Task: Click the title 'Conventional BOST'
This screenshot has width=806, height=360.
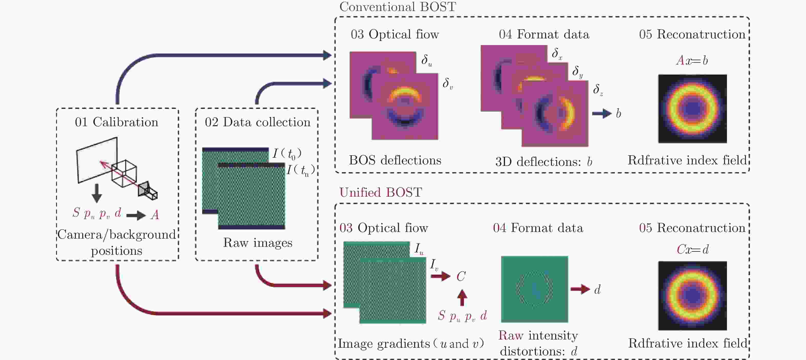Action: [x=397, y=7]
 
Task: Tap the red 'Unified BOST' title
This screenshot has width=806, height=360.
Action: [x=380, y=192]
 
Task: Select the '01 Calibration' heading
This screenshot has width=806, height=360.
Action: [x=116, y=122]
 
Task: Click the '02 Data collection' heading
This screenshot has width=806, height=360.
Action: [x=257, y=122]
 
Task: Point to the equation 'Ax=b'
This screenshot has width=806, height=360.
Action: [x=692, y=60]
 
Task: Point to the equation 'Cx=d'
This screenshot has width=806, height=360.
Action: [x=692, y=249]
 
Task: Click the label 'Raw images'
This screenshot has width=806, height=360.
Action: [x=257, y=243]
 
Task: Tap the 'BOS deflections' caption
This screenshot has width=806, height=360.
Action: [x=395, y=160]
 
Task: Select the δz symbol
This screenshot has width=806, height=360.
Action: [x=598, y=90]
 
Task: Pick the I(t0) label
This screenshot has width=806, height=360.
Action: [x=287, y=153]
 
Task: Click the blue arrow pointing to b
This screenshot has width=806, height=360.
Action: [x=602, y=113]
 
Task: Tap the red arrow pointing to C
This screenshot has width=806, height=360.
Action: [x=440, y=276]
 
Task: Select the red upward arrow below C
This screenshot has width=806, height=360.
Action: [x=462, y=297]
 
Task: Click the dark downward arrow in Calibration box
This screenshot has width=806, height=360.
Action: [x=97, y=193]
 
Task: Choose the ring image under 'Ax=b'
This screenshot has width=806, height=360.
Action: [x=692, y=109]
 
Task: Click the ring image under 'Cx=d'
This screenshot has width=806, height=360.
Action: [x=692, y=295]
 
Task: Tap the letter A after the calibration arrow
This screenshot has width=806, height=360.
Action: [x=155, y=215]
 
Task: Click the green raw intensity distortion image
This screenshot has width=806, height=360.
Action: [x=534, y=289]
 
